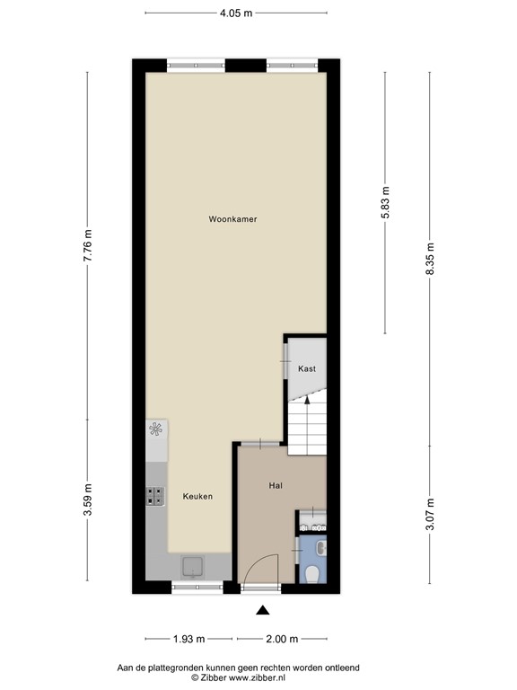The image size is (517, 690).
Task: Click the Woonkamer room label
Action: coord(232,218)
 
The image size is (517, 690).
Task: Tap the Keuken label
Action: coord(197,496)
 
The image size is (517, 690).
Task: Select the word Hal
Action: coord(276,485)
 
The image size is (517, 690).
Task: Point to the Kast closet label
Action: coord(307,368)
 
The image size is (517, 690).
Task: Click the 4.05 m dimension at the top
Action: coord(236,13)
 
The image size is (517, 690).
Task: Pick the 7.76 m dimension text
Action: coord(87,245)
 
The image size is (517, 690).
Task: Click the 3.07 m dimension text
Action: coord(430,515)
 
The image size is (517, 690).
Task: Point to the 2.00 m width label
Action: coord(281,639)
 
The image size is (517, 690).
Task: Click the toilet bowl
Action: coord(312,572)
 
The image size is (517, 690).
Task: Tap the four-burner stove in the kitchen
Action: coord(155,495)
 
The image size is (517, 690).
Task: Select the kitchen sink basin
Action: coord(193,565)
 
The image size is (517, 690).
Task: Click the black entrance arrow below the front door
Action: coord(262,611)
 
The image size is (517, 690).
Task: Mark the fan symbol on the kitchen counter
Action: coord(156,429)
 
